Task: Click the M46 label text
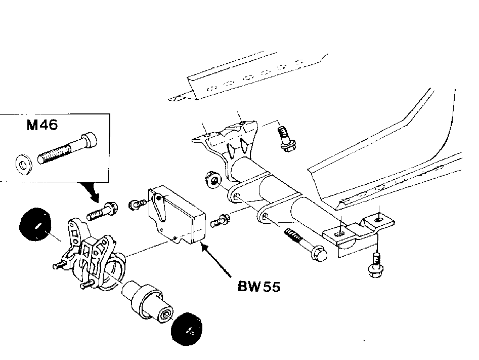click(x=42, y=125)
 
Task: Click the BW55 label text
click(x=259, y=287)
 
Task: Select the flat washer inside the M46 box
click(x=23, y=165)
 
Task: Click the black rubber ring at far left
click(x=35, y=224)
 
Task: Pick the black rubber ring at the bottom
click(x=187, y=329)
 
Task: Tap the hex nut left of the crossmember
click(x=213, y=180)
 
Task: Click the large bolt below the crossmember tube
click(x=306, y=245)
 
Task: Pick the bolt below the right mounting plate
click(x=376, y=265)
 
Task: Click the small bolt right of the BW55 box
click(x=220, y=221)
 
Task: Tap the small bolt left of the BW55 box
click(x=138, y=204)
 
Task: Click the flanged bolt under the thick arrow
click(x=103, y=211)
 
